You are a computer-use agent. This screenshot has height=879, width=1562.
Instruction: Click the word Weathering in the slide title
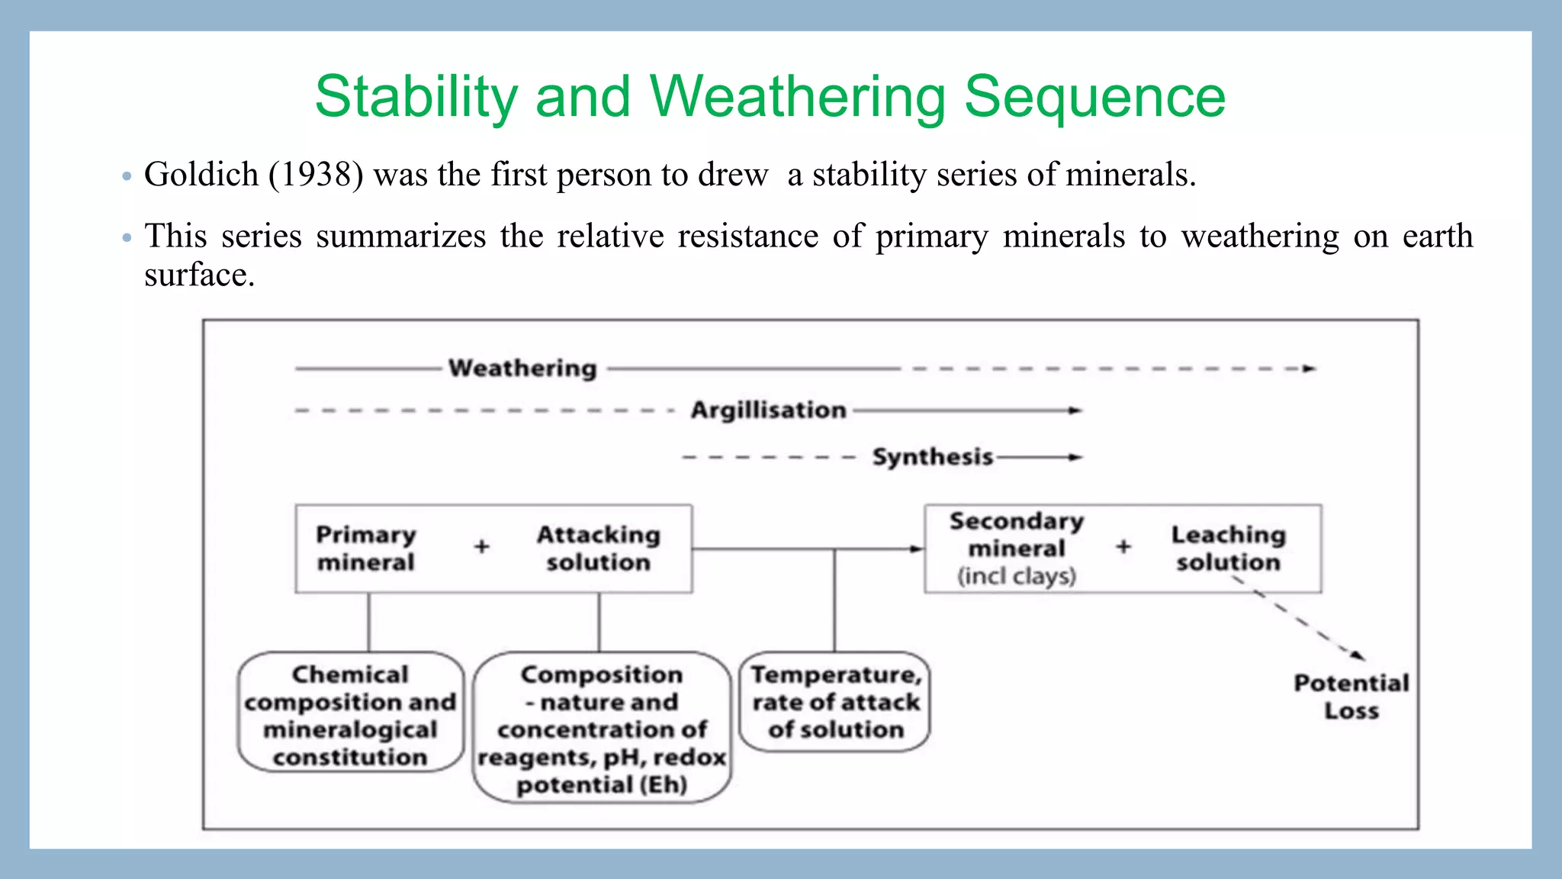[x=797, y=98]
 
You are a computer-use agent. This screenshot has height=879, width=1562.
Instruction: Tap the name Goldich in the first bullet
[x=201, y=175]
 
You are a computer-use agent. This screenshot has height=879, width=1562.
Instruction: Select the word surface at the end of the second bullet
[x=198, y=275]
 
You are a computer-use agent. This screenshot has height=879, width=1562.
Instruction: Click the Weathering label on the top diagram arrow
[x=522, y=369]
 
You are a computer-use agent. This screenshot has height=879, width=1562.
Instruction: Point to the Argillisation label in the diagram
[x=768, y=411]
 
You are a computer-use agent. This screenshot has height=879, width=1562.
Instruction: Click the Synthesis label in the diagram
[x=932, y=457]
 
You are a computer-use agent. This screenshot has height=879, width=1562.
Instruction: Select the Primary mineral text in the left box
[x=366, y=548]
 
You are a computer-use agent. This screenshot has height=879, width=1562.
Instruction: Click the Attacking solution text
[x=599, y=548]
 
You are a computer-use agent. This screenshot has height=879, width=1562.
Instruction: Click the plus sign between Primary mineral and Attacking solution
[x=481, y=546]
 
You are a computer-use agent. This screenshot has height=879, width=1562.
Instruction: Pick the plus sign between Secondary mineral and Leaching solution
[x=1123, y=546]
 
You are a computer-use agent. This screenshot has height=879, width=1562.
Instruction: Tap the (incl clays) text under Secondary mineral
[x=1017, y=576]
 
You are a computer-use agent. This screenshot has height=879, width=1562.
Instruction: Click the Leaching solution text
[x=1228, y=548]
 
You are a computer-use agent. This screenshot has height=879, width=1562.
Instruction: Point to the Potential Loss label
[x=1351, y=696]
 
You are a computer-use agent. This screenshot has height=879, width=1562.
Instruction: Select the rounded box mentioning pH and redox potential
[x=602, y=728]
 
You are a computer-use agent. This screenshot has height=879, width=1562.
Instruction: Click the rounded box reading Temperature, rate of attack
[x=835, y=702]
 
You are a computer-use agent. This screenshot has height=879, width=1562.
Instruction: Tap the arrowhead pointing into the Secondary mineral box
[x=917, y=549]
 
